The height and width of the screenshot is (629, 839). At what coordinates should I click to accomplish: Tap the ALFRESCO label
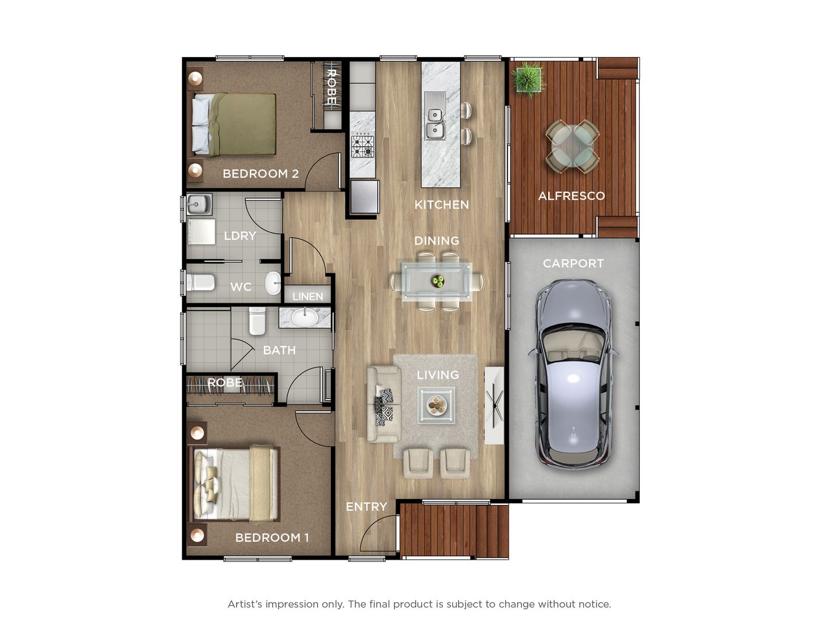[572, 196]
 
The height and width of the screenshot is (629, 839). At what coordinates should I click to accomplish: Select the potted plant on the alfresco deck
[528, 80]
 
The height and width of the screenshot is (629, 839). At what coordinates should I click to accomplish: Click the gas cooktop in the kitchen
[363, 147]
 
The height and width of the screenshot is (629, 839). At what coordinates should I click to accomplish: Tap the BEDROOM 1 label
[272, 538]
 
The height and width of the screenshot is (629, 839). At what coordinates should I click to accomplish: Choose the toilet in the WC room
[200, 282]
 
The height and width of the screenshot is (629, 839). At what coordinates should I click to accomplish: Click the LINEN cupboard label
[308, 296]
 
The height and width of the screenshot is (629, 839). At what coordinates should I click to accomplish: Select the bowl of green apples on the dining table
[438, 281]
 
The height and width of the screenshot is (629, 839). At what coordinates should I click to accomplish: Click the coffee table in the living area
[436, 405]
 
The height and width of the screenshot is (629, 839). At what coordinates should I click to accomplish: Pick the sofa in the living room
[384, 404]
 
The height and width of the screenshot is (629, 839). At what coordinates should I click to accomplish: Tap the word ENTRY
[366, 507]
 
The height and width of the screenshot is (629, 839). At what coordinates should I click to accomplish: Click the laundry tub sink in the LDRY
[199, 204]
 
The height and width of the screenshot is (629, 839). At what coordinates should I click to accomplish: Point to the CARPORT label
[573, 263]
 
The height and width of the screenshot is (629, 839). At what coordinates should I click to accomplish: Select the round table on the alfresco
[572, 146]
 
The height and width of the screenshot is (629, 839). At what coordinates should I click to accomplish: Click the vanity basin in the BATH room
[305, 317]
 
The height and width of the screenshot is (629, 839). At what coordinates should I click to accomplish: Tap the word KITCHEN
[442, 204]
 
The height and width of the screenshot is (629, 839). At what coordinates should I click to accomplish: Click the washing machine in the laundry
[201, 232]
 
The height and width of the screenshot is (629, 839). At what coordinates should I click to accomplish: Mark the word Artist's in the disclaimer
[245, 604]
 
